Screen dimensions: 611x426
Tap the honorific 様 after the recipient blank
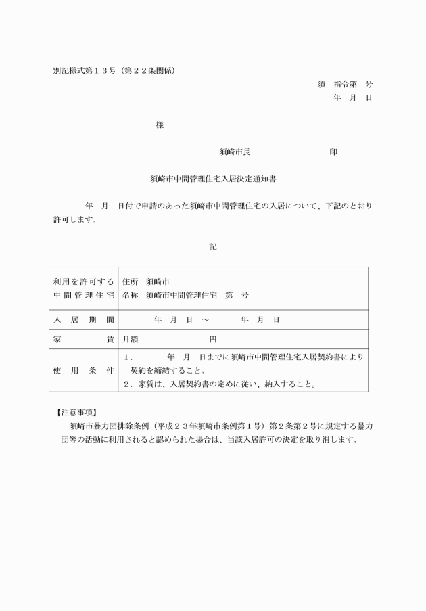(x=160, y=125)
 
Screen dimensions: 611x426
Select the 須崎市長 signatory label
(x=235, y=152)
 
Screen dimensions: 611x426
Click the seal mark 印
(x=333, y=152)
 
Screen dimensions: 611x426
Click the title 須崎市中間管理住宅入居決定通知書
(x=212, y=180)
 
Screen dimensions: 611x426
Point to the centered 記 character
(x=213, y=247)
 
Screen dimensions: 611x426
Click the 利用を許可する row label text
(x=83, y=281)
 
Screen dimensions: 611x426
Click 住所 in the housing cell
(x=130, y=281)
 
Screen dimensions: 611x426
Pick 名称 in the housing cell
(x=130, y=296)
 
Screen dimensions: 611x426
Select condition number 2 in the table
(x=126, y=384)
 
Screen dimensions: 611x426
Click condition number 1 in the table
(x=128, y=357)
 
